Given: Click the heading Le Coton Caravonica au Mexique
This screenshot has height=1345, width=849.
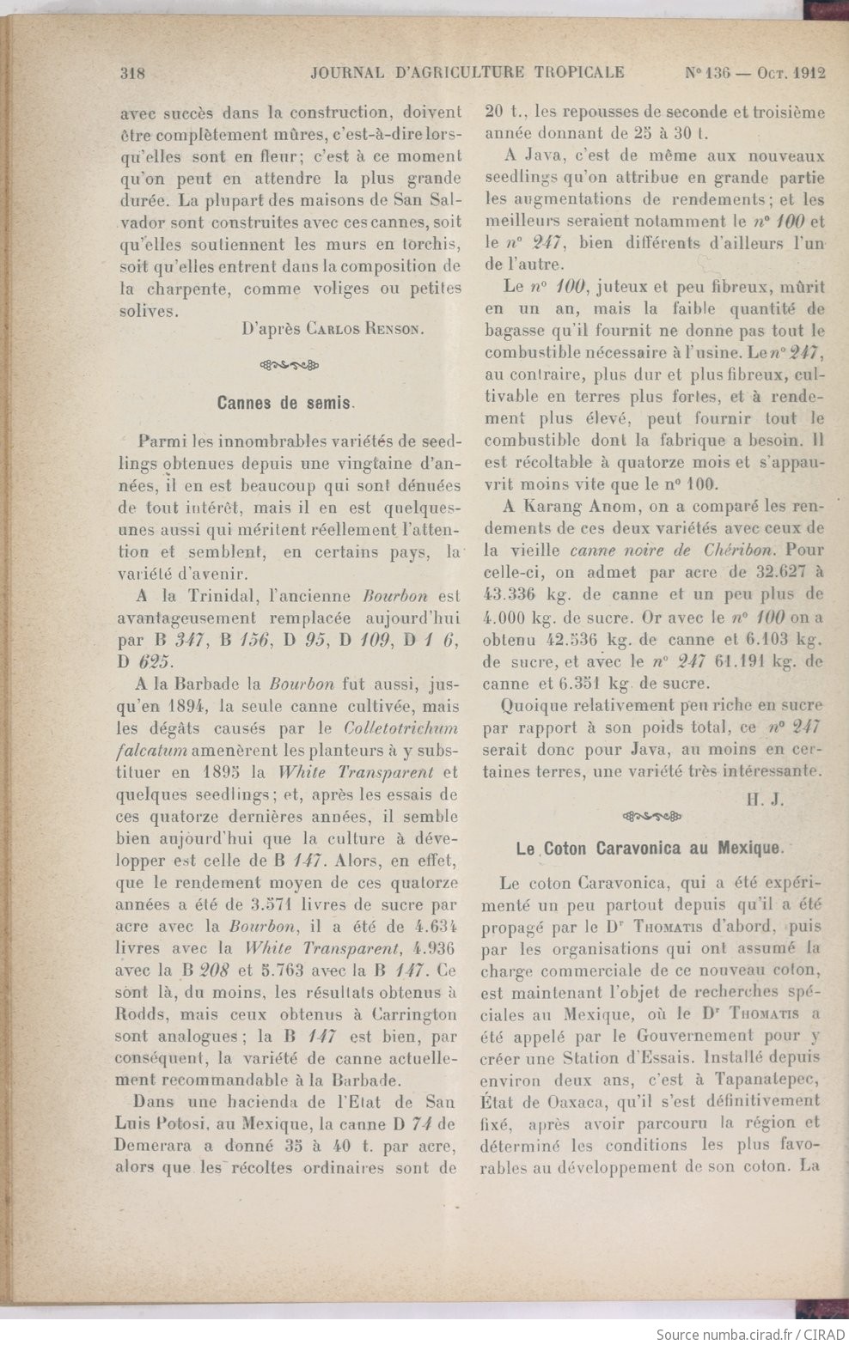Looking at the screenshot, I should coord(650,848).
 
